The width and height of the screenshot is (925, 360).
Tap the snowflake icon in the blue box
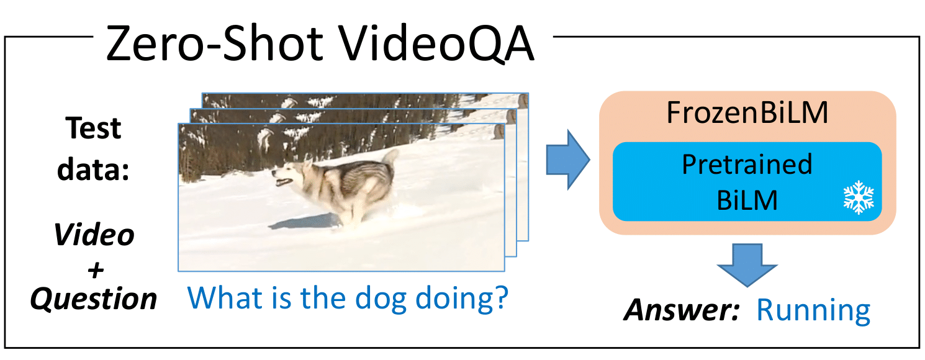858,197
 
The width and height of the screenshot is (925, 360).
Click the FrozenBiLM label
747,113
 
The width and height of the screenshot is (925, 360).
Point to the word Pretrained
747,164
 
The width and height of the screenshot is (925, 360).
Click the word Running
813,310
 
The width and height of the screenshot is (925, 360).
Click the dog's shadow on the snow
310,220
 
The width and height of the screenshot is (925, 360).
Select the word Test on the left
94,128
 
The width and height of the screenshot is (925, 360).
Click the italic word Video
94,235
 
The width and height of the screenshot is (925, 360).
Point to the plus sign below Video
94,268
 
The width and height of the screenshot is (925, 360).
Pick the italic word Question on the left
94,300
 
